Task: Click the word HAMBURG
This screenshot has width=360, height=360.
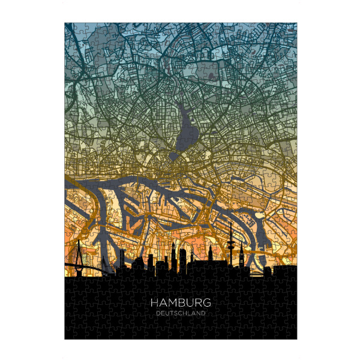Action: coord(181,304)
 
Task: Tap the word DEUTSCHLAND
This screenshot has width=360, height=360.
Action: coord(181,313)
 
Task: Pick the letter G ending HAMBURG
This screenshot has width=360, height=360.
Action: coord(206,304)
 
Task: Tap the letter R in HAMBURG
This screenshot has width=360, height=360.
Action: coord(198,304)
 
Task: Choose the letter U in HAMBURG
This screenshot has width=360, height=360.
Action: coord(190,304)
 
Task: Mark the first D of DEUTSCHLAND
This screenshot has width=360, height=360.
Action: coord(157,313)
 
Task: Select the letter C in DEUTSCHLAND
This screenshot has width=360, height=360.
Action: coord(180,313)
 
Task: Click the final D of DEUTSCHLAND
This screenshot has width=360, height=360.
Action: coord(204,313)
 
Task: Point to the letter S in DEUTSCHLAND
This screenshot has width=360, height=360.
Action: coord(175,313)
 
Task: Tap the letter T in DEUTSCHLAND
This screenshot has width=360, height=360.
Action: coord(171,313)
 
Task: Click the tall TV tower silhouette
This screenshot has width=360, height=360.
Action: coord(230,252)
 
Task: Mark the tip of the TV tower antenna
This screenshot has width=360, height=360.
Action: coord(230,223)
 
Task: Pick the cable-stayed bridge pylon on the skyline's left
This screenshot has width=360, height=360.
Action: coord(79,252)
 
